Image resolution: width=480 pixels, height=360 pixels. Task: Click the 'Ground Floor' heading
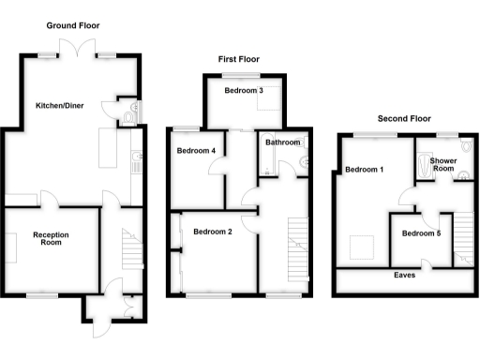point(73,25)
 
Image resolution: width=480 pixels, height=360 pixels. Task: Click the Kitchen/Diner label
point(60,106)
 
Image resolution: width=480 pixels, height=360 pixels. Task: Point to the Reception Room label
point(52,238)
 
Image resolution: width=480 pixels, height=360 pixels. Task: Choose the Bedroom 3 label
point(243,91)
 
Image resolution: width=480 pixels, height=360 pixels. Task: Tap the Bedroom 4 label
point(195,151)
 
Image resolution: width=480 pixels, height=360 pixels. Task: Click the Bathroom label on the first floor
point(282,142)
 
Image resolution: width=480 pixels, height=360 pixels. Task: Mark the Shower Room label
point(443,165)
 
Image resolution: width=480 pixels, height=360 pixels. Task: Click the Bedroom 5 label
point(418,233)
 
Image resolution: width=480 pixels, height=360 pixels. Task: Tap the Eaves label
point(405,276)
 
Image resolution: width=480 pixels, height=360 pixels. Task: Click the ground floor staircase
point(127,249)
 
